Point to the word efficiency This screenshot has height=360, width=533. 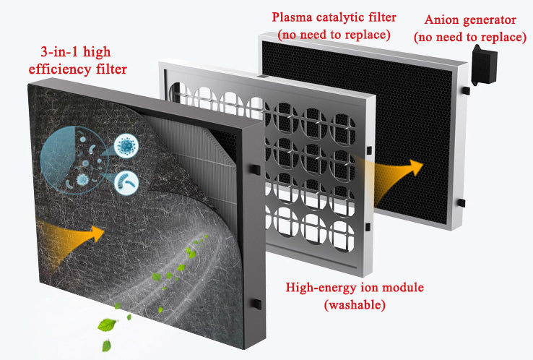click(61, 69)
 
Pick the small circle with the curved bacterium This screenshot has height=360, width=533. click(127, 182)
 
